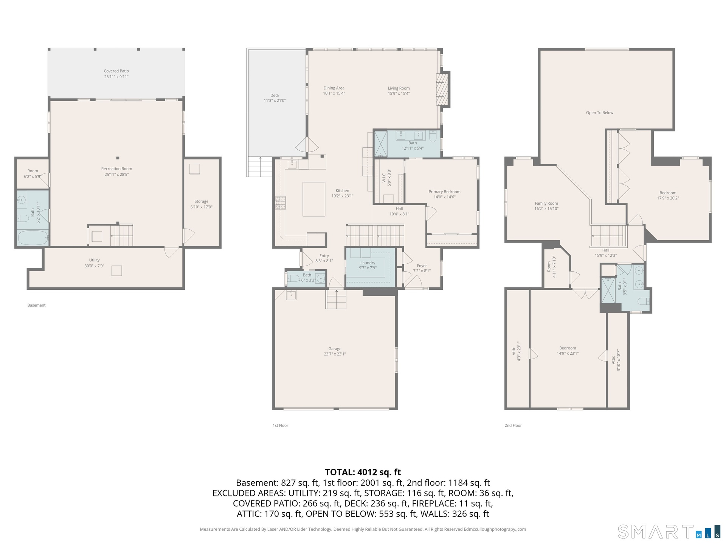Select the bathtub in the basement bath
coord(33,238)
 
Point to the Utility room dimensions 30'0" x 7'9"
coord(94,266)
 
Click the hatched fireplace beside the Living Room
coord(442,90)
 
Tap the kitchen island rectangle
coord(314,199)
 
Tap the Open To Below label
coord(600,113)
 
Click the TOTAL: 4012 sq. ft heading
coord(363,472)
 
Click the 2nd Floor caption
coord(513,425)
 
